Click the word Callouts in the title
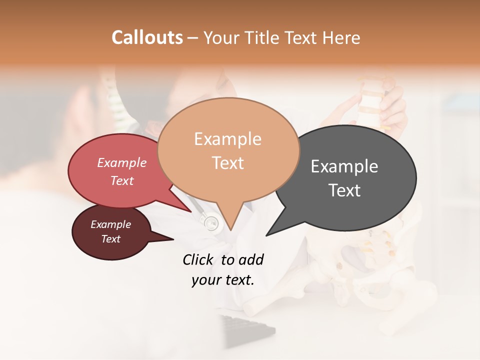pos(147,37)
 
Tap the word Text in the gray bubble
pos(344,190)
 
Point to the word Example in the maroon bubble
pos(111,224)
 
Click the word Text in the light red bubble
pos(122,180)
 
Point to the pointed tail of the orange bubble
pos(230,226)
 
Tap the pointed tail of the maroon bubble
pos(167,239)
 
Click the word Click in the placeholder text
pos(199,259)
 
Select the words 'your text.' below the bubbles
pos(223,279)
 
